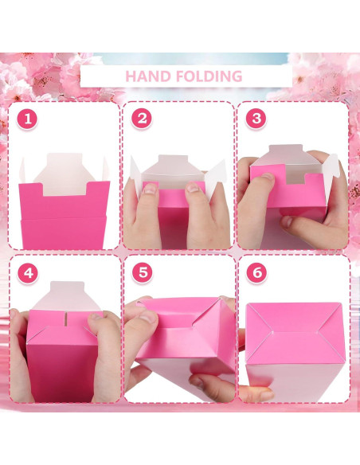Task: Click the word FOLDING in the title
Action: point(209,76)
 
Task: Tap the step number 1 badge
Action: point(27,119)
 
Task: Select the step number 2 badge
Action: point(142,119)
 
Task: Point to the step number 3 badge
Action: point(256,119)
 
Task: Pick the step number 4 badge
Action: point(28,273)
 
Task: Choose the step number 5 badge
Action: point(143,272)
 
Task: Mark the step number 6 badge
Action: point(256,272)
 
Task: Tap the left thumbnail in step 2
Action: point(150,189)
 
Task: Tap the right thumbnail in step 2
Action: point(194,187)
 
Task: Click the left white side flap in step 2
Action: point(136,175)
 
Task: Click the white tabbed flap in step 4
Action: point(67,296)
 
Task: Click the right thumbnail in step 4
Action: point(96,316)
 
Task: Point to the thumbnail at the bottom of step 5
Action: point(197,381)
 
